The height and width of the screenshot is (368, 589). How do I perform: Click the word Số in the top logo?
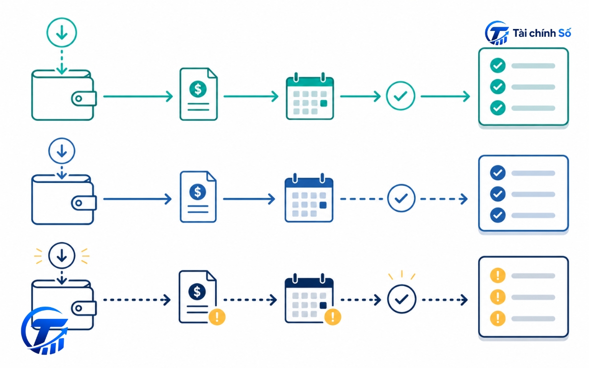tap(564, 33)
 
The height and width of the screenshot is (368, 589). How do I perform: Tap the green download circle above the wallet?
tap(62, 32)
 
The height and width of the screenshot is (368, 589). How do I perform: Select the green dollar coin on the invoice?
tap(198, 89)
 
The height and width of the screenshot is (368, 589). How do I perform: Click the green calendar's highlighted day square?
tap(323, 103)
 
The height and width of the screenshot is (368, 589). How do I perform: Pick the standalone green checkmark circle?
tap(401, 96)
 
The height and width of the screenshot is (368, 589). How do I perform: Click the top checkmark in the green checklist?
tap(498, 65)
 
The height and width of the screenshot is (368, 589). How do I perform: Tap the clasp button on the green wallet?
tap(79, 99)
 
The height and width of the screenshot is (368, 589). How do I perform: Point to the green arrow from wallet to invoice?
tap(138, 96)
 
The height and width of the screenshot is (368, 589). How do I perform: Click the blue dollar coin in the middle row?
tap(198, 192)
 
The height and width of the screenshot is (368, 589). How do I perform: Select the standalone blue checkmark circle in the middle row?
tap(402, 198)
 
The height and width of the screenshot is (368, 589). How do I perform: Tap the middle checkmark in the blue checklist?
tap(498, 194)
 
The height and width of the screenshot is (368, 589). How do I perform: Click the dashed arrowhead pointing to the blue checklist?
tap(464, 199)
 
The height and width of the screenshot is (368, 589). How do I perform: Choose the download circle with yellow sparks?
tap(62, 256)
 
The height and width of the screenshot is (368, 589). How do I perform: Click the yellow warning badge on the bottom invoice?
tap(217, 317)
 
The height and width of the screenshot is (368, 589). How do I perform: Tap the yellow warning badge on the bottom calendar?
tap(333, 317)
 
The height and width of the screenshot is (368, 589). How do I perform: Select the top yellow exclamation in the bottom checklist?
tap(498, 275)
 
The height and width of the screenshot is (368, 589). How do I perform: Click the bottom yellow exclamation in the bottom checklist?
tap(498, 318)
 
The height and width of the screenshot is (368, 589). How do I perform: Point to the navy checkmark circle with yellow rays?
tap(402, 299)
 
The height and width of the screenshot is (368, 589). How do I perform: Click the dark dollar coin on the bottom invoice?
tap(197, 291)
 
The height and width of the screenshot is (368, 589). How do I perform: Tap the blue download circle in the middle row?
tap(62, 151)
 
